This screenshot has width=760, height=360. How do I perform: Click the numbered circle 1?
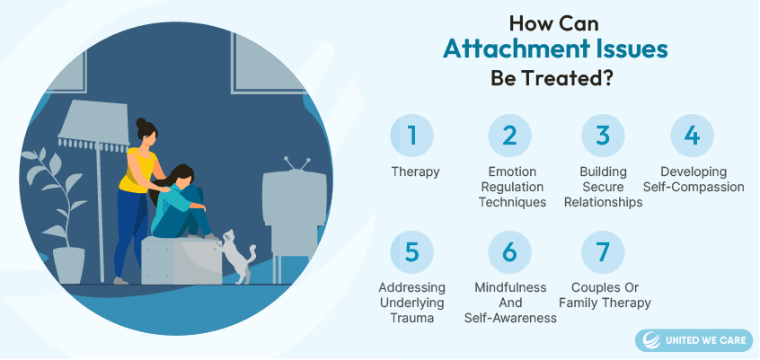(412, 136)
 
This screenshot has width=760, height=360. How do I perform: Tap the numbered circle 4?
(692, 136)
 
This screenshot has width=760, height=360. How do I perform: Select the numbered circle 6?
(510, 252)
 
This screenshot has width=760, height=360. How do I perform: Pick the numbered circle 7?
(603, 252)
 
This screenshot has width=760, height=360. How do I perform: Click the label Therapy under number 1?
(415, 172)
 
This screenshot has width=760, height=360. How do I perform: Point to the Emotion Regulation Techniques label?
(512, 187)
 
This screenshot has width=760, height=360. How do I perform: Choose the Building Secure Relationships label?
(604, 187)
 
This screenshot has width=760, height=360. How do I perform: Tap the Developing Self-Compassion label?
(694, 180)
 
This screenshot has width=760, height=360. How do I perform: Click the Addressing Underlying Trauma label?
(412, 303)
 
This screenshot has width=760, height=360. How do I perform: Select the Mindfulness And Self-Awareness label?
(510, 303)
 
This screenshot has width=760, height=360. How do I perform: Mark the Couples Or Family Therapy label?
(605, 295)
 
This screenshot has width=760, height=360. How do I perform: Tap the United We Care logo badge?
(694, 340)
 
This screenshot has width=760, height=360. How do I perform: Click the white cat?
(236, 257)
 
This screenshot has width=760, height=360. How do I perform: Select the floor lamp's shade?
(93, 124)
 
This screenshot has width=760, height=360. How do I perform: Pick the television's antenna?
(296, 163)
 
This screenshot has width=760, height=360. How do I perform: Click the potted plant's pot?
(68, 266)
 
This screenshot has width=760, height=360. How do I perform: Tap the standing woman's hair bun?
(141, 123)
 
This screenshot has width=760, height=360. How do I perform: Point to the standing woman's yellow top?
(137, 170)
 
